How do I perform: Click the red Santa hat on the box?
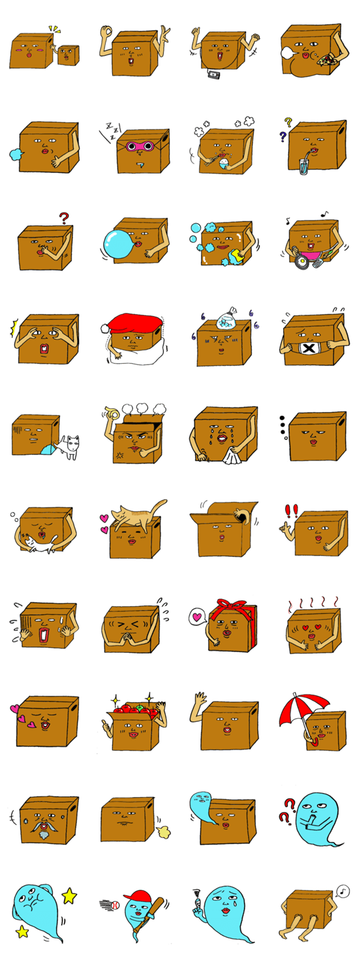coord(133,324)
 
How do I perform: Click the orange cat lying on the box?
coord(136,513)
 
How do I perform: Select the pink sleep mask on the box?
coord(140,146)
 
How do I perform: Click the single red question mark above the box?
coord(63,218)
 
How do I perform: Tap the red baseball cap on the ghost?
coord(137,896)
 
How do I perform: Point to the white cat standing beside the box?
coord(70,446)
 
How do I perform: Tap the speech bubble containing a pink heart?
coord(197,618)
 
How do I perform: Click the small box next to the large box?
coord(68,55)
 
